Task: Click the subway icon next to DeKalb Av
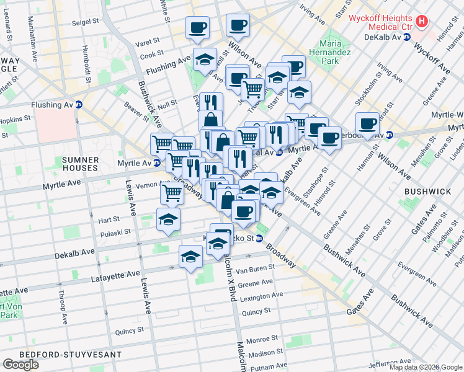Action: click(406, 37)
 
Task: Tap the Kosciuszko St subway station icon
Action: click(259, 238)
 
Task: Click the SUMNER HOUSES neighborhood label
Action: click(80, 164)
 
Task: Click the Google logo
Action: click(22, 365)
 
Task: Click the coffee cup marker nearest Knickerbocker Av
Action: click(368, 123)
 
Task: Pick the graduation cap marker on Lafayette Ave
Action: click(190, 255)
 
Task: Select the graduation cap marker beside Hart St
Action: click(168, 219)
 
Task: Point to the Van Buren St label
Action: click(254, 270)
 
